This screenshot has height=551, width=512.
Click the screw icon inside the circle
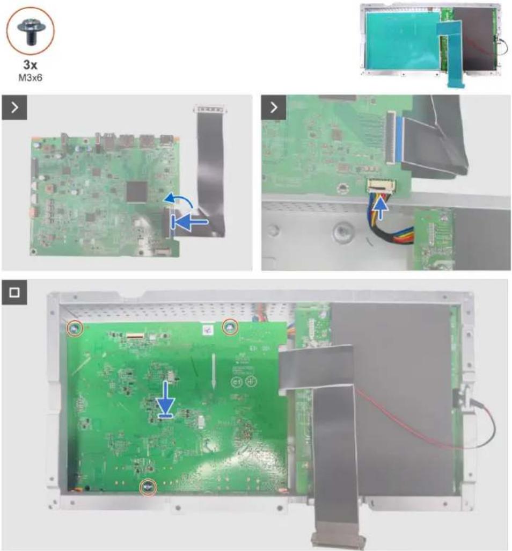[30, 32]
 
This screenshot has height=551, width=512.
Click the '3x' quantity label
[30, 64]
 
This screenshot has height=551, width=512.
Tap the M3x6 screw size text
[30, 78]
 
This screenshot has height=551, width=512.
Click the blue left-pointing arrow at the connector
[189, 222]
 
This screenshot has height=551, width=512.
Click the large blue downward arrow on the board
[165, 400]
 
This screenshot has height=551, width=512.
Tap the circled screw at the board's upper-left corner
[75, 328]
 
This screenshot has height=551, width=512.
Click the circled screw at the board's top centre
[230, 327]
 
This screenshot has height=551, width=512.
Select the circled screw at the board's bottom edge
[148, 487]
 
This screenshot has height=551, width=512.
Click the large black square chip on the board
[136, 192]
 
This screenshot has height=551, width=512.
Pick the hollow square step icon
[14, 292]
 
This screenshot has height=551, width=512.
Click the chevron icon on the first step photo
[14, 107]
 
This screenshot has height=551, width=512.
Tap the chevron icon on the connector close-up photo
[274, 107]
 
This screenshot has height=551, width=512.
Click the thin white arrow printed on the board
[213, 371]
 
